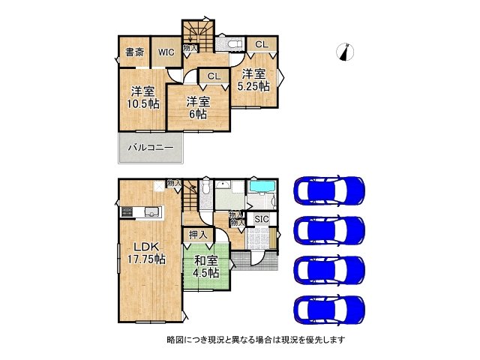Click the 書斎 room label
(x=134, y=52)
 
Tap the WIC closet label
(x=165, y=52)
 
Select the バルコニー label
(x=149, y=148)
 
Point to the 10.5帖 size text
(x=141, y=103)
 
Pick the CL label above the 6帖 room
(x=214, y=76)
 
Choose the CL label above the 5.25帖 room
(x=260, y=45)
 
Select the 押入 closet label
(x=196, y=235)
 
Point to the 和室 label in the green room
(x=205, y=260)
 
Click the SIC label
(x=260, y=218)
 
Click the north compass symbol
(x=346, y=51)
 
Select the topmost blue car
(x=331, y=190)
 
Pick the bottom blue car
(x=331, y=307)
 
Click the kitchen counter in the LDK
(x=140, y=211)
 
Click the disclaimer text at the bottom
(x=255, y=339)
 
